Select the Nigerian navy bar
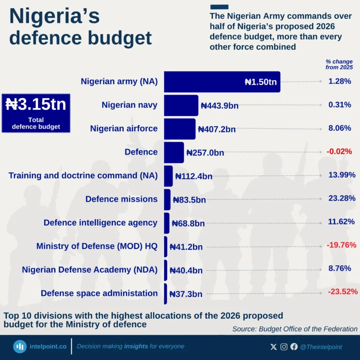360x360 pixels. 181,105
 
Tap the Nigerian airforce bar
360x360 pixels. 180,128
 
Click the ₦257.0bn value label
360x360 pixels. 205,152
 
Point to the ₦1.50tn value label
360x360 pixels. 261,82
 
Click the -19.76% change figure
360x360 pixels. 341,245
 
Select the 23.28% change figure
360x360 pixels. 342,198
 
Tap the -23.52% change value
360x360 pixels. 343,292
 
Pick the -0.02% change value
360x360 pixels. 339,151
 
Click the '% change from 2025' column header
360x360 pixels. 339,64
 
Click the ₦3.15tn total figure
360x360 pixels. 36,104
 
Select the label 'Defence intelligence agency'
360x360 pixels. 100,223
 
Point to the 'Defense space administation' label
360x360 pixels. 99,293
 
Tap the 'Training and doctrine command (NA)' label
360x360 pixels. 83,176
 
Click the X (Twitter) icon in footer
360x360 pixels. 274,347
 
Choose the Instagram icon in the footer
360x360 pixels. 284,347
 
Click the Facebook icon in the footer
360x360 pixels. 294,347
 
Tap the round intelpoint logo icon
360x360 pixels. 20,346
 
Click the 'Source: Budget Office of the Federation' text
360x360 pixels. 295,329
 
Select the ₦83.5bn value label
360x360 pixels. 189,200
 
